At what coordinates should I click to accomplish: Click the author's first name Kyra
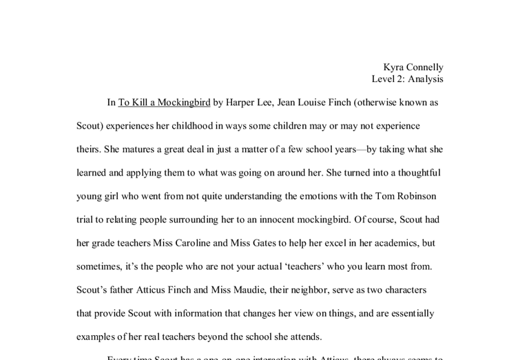pos(395,67)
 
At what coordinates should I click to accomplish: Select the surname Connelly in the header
pos(426,67)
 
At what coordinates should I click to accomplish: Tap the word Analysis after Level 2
pos(425,79)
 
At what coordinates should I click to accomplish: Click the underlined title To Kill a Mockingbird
pos(164,103)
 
